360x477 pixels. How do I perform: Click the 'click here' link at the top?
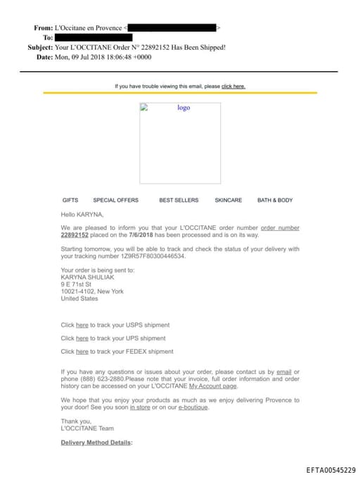233,87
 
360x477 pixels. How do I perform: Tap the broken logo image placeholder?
180,144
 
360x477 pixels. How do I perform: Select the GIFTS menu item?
70,201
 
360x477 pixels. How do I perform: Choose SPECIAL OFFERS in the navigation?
116,201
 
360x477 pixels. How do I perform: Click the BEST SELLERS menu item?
179,201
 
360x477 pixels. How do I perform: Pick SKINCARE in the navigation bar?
228,201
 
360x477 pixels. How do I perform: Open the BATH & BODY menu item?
275,201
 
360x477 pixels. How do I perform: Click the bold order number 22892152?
75,235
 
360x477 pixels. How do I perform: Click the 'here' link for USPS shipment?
82,325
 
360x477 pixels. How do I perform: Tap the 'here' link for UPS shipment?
82,338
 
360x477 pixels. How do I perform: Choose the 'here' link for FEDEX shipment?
82,352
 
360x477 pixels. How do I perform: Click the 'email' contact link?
284,371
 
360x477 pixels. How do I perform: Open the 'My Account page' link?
213,386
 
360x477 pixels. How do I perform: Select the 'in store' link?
140,407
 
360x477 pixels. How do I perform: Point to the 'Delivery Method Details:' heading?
96,443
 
